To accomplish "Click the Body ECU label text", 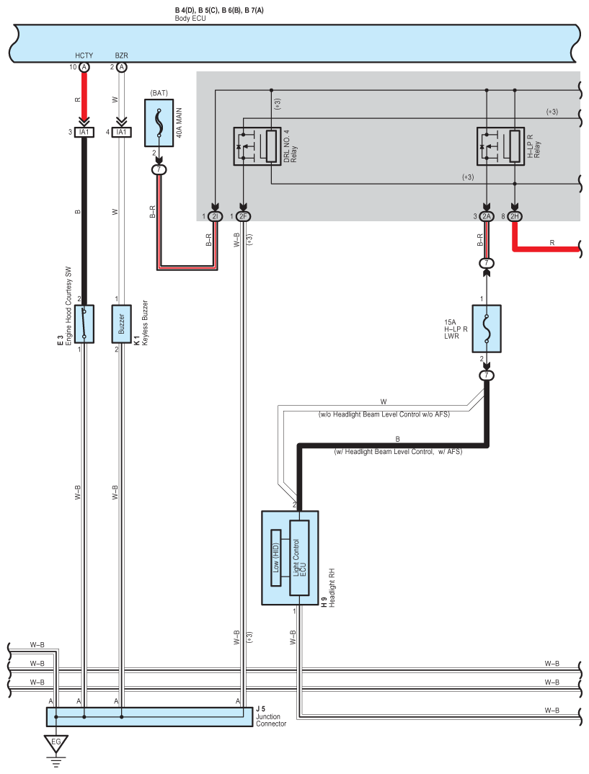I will (x=190, y=18).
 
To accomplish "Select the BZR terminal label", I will (x=121, y=55).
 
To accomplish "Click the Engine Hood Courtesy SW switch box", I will (x=84, y=324).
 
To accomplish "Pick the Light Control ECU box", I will (x=299, y=557).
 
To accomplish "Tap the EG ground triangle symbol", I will (x=56, y=742).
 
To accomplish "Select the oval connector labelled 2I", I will (x=215, y=216).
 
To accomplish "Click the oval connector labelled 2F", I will (x=244, y=216).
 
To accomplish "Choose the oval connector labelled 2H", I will (x=515, y=216).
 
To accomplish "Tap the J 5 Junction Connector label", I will (x=270, y=716).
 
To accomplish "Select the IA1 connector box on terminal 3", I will (x=84, y=132).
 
